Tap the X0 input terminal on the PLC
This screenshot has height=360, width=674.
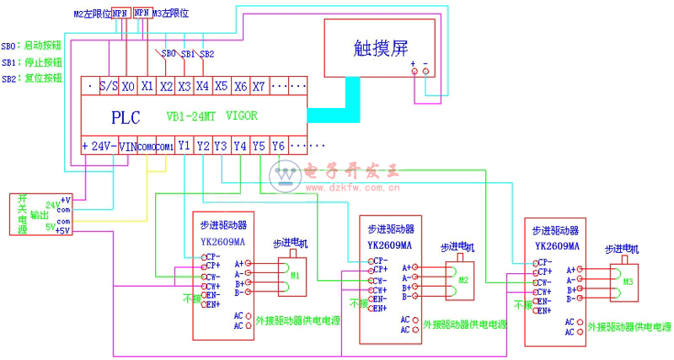(127, 86)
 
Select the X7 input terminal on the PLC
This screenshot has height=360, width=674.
(259, 86)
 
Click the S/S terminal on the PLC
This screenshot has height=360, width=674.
(108, 86)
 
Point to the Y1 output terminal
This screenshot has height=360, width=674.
(185, 145)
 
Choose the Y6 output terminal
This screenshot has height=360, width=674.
(278, 145)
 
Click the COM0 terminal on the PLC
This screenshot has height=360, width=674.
(146, 146)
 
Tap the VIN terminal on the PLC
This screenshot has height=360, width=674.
(127, 146)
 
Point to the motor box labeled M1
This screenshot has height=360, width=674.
(295, 275)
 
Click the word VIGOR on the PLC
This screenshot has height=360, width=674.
(242, 116)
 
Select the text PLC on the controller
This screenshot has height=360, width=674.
(126, 116)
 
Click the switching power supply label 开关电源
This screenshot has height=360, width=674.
(21, 214)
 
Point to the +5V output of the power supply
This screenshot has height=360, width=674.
(64, 230)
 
